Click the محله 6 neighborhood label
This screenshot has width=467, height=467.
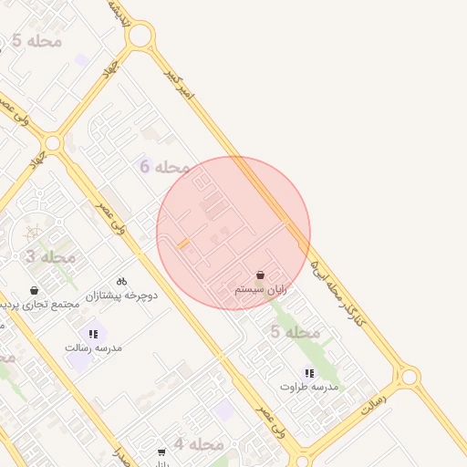point(165,167)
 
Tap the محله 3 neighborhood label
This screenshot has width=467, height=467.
point(43,257)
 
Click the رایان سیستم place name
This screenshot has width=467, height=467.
point(261,289)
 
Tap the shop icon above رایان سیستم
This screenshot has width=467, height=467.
point(261,275)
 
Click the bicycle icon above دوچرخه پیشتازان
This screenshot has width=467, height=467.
point(122,282)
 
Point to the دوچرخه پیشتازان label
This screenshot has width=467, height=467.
point(122,296)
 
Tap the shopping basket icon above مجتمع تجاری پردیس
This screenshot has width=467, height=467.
point(35,290)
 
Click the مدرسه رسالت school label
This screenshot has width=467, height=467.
point(93,348)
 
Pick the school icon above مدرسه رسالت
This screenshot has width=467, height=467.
point(93,334)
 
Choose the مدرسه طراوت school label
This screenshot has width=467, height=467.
point(308,387)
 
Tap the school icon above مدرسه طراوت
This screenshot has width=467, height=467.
point(309,373)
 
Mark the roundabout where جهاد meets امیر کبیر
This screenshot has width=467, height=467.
point(140,36)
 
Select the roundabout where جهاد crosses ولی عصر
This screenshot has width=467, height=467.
point(53,143)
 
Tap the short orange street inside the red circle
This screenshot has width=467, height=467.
point(183,244)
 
